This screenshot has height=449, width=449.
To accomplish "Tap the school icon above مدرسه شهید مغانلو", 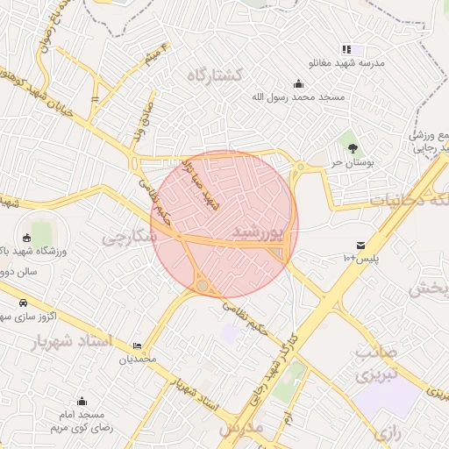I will [347, 50].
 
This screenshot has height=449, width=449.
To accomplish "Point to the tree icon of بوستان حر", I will [353, 147].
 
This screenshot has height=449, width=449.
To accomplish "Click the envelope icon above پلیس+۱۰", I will [360, 245].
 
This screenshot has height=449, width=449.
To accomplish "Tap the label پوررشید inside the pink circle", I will [260, 232].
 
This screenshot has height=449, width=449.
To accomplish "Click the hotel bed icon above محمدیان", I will [137, 346].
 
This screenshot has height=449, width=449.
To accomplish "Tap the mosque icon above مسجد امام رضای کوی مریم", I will [82, 401].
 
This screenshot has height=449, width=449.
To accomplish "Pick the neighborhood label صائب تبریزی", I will [376, 364].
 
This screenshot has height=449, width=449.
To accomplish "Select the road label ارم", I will [287, 418].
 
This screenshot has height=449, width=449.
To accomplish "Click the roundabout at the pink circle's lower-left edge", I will [203, 286].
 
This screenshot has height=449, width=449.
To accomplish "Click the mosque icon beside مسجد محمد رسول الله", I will [300, 84].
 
